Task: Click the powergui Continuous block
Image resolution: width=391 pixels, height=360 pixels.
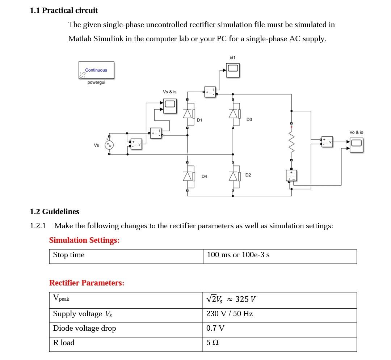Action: click(x=96, y=70)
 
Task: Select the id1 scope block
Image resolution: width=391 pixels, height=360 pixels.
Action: click(x=233, y=68)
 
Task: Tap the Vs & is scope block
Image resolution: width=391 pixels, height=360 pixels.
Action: click(x=170, y=105)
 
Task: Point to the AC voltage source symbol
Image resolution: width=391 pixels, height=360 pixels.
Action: click(x=109, y=145)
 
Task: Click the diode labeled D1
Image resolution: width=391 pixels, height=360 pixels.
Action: click(x=188, y=114)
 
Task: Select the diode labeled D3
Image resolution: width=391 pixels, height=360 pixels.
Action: click(x=233, y=114)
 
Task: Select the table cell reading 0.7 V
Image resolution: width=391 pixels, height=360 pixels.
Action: click(x=215, y=328)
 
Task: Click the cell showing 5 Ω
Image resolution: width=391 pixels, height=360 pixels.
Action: click(x=213, y=342)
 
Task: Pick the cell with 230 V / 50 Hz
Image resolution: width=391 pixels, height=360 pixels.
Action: click(x=230, y=314)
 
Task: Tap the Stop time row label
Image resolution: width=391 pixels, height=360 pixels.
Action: click(x=69, y=255)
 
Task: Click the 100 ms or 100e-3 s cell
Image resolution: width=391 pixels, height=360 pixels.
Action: click(x=238, y=255)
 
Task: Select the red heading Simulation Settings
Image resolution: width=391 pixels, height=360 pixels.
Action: click(x=84, y=240)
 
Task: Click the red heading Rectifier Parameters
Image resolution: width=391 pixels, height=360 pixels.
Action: click(x=87, y=283)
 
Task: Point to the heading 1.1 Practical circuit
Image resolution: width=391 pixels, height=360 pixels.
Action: click(x=64, y=10)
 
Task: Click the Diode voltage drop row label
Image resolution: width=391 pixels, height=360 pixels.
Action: click(x=84, y=328)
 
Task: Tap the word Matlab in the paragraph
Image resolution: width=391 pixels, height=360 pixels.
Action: click(x=80, y=39)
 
